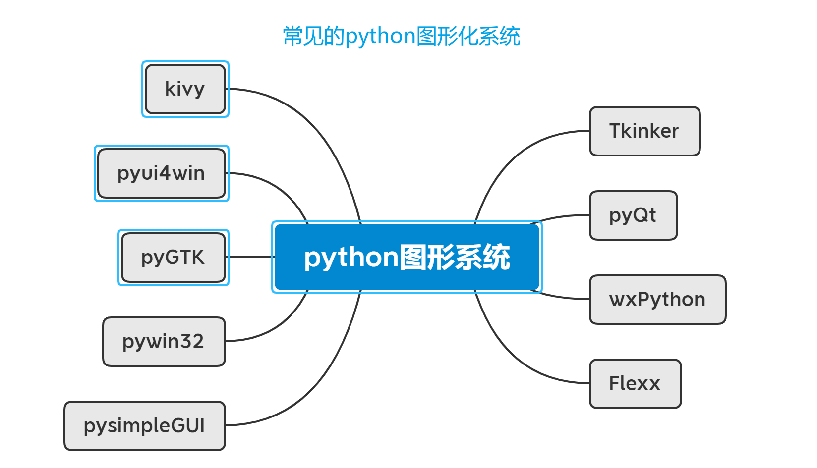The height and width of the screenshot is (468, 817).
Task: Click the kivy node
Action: tap(185, 89)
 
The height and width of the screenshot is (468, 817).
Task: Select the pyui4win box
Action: tap(162, 173)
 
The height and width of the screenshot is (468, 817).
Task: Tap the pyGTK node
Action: tap(174, 258)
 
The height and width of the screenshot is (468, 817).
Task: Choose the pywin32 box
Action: tap(164, 342)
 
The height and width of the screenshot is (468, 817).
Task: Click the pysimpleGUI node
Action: tap(145, 426)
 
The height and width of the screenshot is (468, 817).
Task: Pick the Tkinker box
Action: tap(644, 131)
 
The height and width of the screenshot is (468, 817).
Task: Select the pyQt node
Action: tap(633, 215)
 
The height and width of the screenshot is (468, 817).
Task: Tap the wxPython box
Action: tap(657, 300)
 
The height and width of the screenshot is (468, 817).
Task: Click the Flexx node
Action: tap(635, 384)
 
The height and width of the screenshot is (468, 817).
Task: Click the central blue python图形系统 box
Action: tap(407, 257)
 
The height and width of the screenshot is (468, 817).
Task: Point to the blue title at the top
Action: tap(401, 36)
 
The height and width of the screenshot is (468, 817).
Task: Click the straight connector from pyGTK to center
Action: tap(250, 257)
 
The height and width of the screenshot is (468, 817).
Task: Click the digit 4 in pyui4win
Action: tap(165, 173)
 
